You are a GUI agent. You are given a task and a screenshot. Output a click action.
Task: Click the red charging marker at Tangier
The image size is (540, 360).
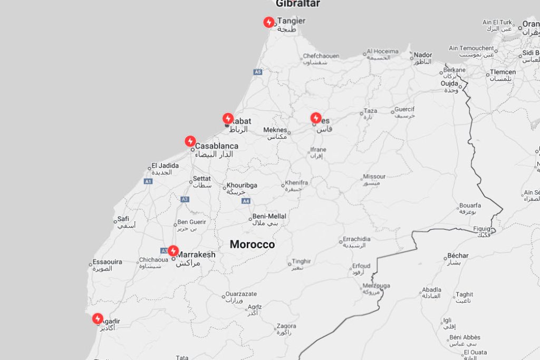pos(269,22)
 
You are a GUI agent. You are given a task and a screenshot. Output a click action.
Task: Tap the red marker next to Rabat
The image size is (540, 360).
pos(228,119)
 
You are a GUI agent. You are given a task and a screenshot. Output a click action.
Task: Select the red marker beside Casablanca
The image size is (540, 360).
pos(190,141)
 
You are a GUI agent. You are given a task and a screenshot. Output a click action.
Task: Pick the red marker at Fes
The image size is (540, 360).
pos(316,118)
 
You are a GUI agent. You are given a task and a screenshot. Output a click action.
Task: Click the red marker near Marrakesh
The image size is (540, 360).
pos(173,251)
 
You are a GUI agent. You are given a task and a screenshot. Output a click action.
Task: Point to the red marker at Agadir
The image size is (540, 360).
pos(98,318)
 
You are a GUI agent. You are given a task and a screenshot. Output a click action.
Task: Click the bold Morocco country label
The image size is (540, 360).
pos(252,245)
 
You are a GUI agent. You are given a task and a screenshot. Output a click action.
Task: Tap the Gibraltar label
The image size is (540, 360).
pos(297,4)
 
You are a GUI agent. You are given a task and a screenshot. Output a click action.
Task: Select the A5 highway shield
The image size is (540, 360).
pos(257,72)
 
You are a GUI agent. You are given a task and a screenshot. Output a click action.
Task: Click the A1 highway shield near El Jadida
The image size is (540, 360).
pos(148,181)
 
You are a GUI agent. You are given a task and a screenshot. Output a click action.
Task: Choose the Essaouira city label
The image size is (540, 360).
pos(107,262)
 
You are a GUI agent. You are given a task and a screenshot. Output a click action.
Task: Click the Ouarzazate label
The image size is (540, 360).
pos(241,294)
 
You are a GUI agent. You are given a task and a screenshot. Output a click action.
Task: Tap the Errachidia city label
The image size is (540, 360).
pos(357,239)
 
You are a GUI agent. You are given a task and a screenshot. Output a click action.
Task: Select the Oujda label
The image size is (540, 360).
pos(450,83)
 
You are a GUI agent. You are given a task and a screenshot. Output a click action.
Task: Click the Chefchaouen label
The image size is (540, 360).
pos(321,56)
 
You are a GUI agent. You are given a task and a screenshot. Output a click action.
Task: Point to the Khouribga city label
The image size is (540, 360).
pos(242,186)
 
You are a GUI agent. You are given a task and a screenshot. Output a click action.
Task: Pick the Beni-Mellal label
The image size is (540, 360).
pos(269,216)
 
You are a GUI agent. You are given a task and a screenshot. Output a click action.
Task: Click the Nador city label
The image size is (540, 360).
pos(423,55)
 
